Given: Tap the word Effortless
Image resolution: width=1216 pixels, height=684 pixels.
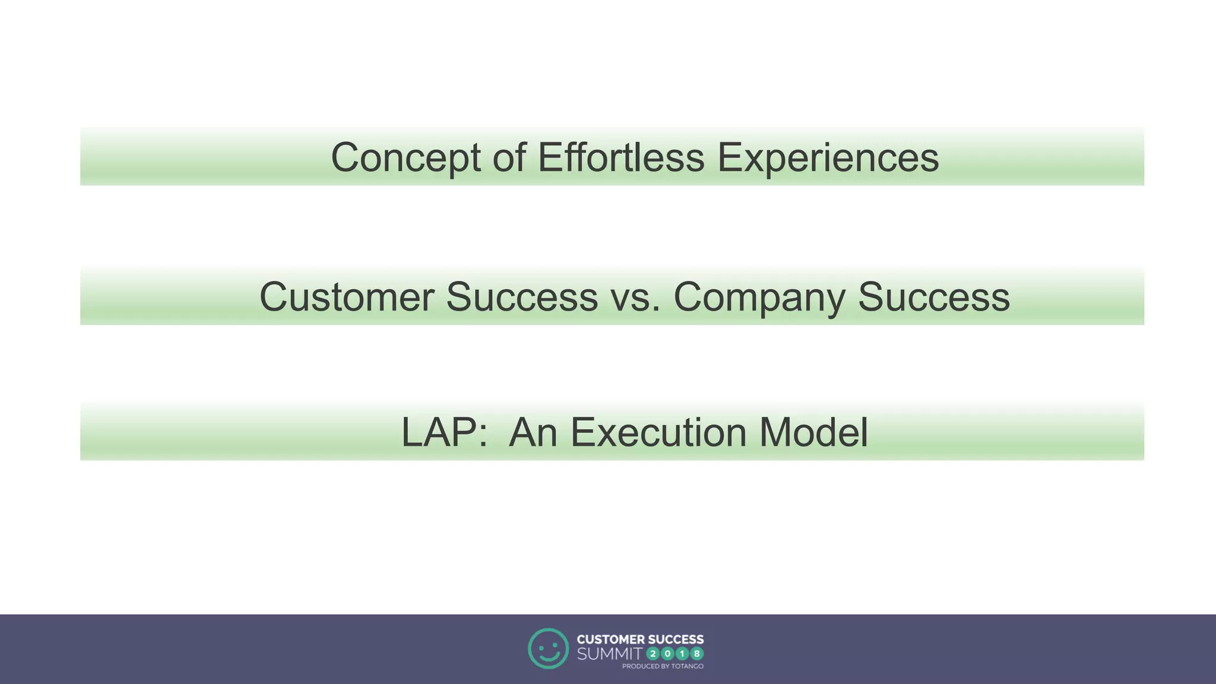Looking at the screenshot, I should [x=620, y=158].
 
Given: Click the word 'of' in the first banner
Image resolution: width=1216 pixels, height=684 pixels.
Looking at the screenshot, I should [x=509, y=158].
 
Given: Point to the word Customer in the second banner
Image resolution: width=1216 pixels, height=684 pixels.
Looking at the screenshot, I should [x=346, y=297].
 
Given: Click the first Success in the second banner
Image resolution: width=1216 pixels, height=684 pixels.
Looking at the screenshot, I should [x=521, y=297].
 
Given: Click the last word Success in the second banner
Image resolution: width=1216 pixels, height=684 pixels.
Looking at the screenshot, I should [x=933, y=297].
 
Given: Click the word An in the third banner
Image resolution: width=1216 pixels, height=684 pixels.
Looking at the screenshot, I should [x=533, y=432].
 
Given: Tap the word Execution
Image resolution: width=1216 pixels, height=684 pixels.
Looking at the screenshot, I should [x=658, y=432].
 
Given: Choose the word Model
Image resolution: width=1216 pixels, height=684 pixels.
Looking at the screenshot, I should [x=813, y=432].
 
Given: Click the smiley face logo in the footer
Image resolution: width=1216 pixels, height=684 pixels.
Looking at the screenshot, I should [x=548, y=648].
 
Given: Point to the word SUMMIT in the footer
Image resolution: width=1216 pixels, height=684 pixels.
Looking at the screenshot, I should [x=609, y=654].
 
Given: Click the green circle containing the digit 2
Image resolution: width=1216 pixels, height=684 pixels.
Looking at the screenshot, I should [x=653, y=654].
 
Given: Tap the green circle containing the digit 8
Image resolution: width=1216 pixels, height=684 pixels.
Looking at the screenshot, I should [x=696, y=654].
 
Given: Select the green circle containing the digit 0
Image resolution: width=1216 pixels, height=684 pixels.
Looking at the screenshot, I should [x=667, y=654].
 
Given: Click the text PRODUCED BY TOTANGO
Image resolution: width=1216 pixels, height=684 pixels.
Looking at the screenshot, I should [x=663, y=666].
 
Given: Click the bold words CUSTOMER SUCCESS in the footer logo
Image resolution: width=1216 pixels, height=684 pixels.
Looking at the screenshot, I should [x=640, y=639].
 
